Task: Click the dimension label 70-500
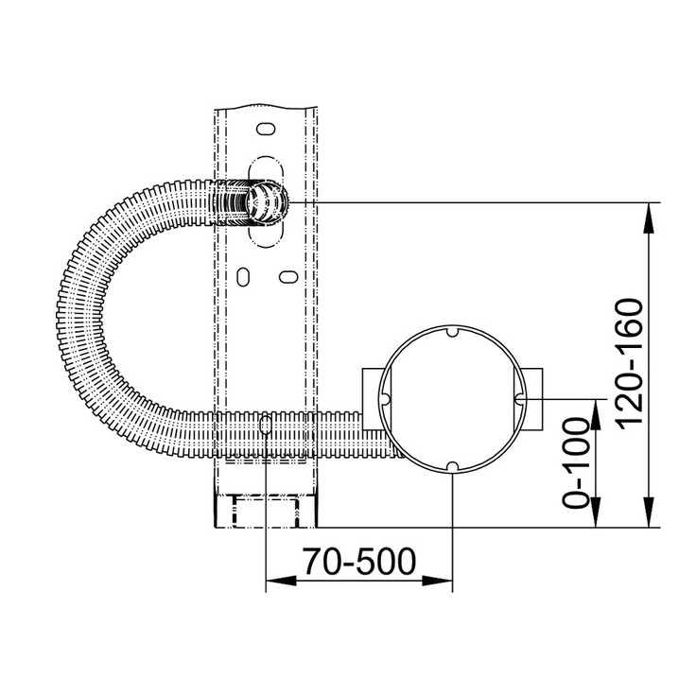point(359,562)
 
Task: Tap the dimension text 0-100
point(575,463)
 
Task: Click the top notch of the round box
point(452,332)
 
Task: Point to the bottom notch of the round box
point(452,467)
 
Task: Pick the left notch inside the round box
point(385,399)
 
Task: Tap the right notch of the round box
point(519,399)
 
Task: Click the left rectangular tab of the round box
point(373,399)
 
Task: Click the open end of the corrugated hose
point(267,202)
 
